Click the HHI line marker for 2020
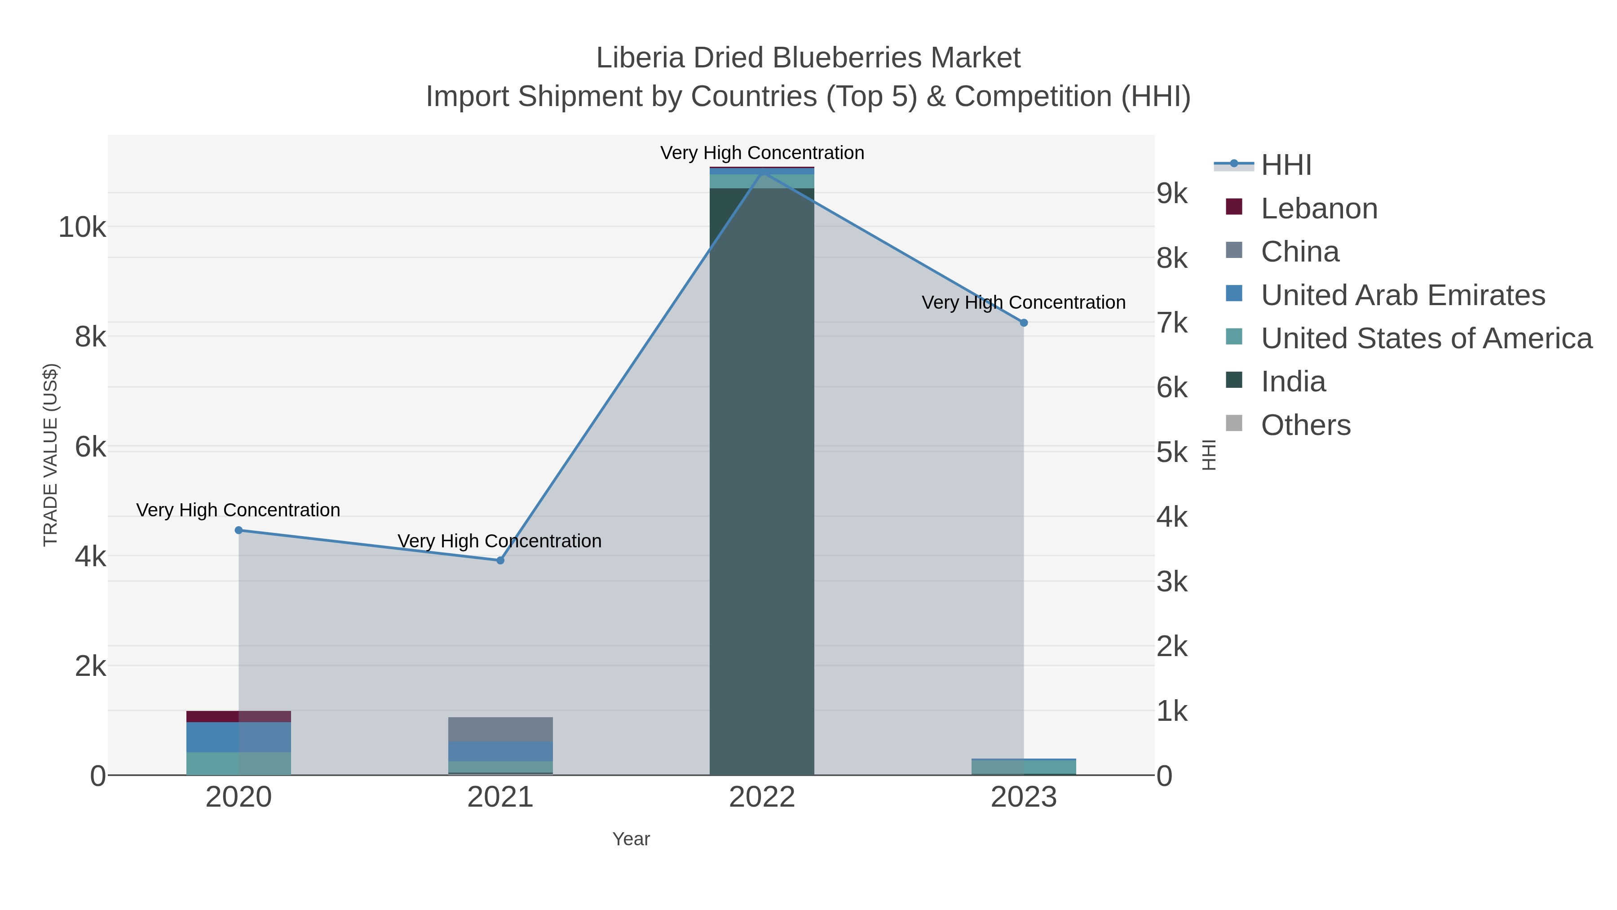pyautogui.click(x=239, y=530)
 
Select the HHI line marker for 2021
pyautogui.click(x=500, y=560)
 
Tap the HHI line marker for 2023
pyautogui.click(x=1023, y=323)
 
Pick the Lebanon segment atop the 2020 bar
pyautogui.click(x=238, y=717)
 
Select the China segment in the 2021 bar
pyautogui.click(x=500, y=729)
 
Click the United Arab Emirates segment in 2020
pyautogui.click(x=238, y=737)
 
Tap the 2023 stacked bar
pyautogui.click(x=1023, y=767)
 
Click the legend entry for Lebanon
pyautogui.click(x=1318, y=209)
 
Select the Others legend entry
pyautogui.click(x=1305, y=425)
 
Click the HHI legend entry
pyautogui.click(x=1286, y=165)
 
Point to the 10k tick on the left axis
pyautogui.click(x=82, y=227)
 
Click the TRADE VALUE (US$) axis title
pyautogui.click(x=50, y=455)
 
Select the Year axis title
pyautogui.click(x=631, y=839)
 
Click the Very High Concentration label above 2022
pyautogui.click(x=761, y=153)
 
